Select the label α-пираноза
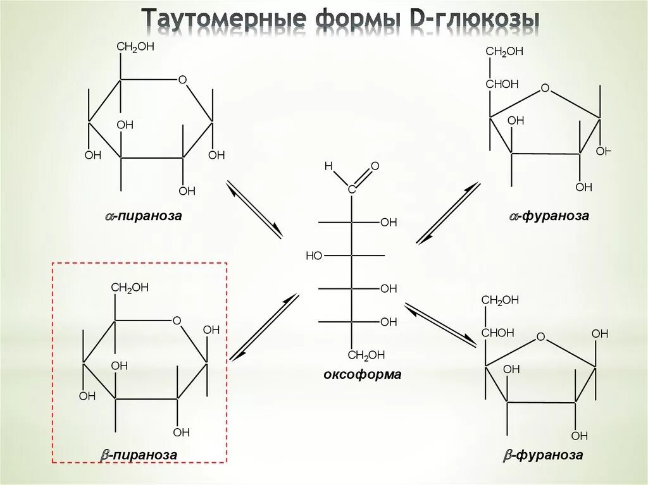[x=144, y=216]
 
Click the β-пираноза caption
[x=139, y=455]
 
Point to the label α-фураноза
[x=549, y=216]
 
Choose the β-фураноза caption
[x=543, y=455]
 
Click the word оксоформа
[x=362, y=374]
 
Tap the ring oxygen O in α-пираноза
[x=182, y=80]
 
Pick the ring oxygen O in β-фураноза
[x=540, y=336]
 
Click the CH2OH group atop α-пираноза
[x=135, y=47]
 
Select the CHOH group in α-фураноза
[x=502, y=84]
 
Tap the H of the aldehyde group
[x=328, y=166]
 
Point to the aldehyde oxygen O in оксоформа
[x=375, y=166]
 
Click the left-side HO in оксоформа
[x=314, y=255]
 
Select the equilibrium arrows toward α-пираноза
[x=254, y=209]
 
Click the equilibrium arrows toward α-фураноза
[x=448, y=213]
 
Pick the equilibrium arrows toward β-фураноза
[x=440, y=325]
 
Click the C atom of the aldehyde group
[x=352, y=188]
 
